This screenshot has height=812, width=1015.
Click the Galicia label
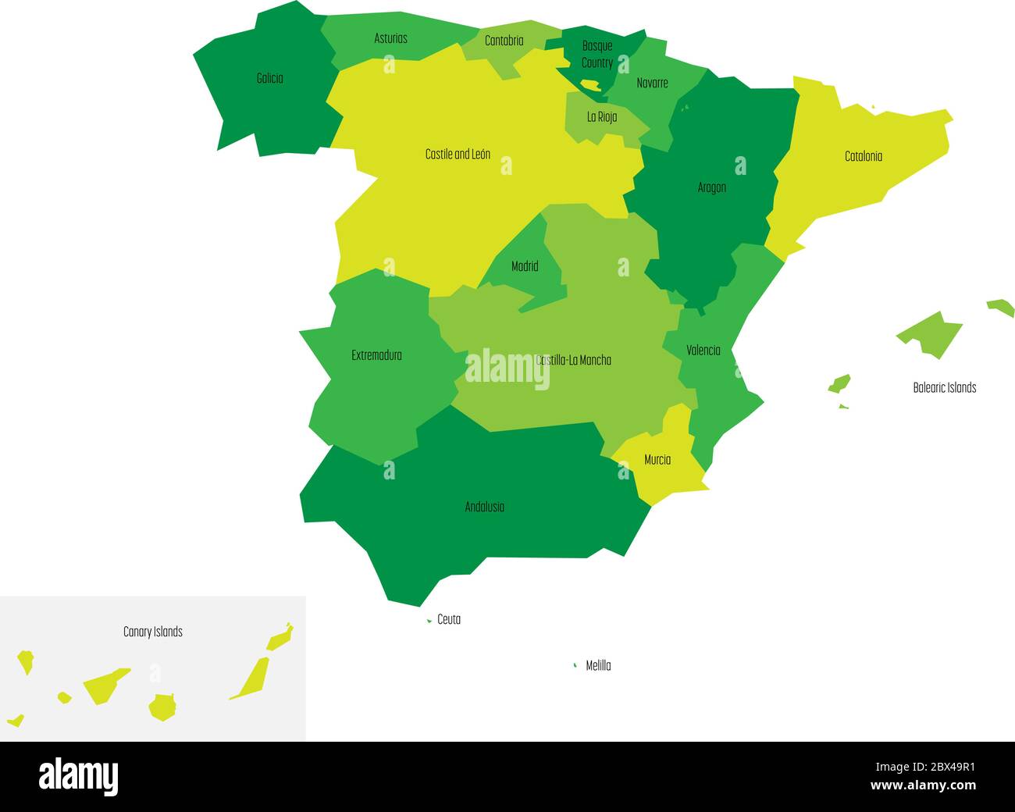click(x=269, y=78)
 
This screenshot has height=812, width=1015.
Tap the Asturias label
click(x=390, y=38)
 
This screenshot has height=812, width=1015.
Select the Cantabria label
click(x=504, y=41)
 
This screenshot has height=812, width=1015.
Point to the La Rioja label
click(x=602, y=117)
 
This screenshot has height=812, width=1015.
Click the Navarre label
click(x=652, y=83)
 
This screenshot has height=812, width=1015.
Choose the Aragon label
click(x=712, y=187)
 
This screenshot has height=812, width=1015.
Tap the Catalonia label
click(x=864, y=156)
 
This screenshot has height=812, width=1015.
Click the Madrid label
click(x=525, y=266)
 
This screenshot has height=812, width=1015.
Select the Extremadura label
click(x=376, y=355)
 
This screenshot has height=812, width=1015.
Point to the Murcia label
click(x=657, y=460)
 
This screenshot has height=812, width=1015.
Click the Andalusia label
click(x=484, y=507)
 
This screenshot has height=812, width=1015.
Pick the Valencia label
click(x=703, y=351)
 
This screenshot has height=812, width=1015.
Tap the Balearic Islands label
click(x=944, y=387)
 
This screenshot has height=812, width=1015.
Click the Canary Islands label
click(x=153, y=632)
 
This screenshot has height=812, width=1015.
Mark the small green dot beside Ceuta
click(x=429, y=621)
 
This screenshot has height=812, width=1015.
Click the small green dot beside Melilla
click(x=575, y=665)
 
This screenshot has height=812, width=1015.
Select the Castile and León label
click(x=458, y=155)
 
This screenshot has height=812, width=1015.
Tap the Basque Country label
click(x=597, y=54)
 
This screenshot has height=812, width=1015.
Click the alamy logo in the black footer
click(x=78, y=776)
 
